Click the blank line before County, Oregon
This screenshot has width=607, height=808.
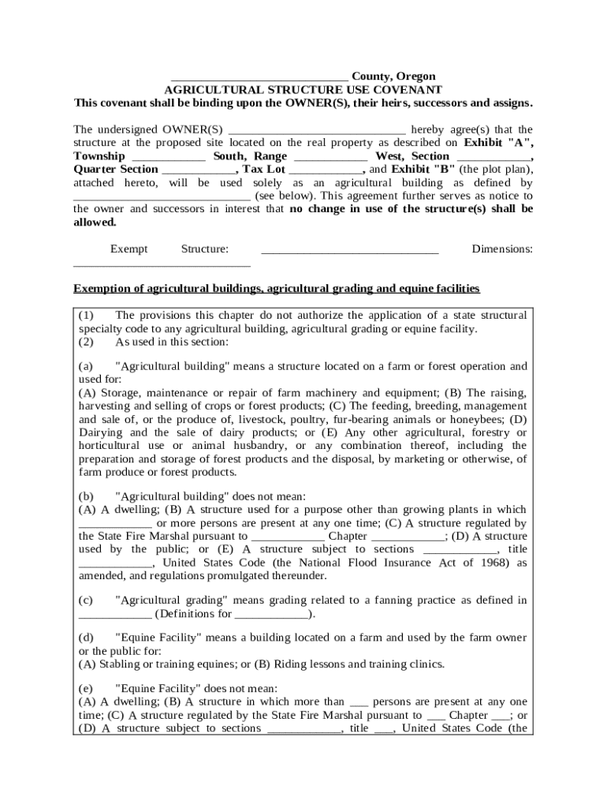[259, 77]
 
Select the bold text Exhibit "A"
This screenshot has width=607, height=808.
[498, 143]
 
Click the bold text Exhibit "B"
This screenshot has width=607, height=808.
[423, 170]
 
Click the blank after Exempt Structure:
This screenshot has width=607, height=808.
[349, 250]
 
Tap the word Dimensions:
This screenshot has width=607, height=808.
[502, 249]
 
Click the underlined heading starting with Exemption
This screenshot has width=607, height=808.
[276, 289]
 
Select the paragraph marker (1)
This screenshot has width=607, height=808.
[87, 316]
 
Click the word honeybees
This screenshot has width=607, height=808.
[477, 419]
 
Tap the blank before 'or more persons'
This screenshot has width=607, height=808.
[115, 523]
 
